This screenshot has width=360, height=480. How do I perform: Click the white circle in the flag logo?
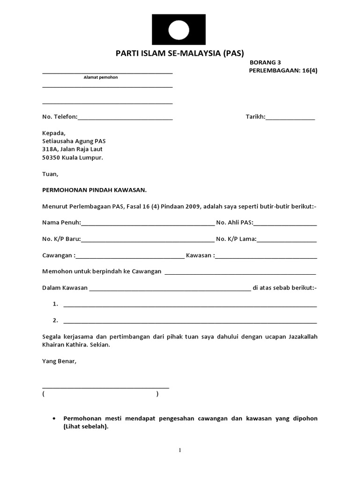[179, 30]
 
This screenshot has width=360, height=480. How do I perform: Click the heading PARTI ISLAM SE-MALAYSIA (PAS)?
[180, 53]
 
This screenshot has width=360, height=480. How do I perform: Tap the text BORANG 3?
[265, 62]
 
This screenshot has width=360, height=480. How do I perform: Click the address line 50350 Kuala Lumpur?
[73, 157]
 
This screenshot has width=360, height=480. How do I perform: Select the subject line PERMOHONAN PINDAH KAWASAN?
[94, 190]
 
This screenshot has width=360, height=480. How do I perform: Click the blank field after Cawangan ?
[129, 257]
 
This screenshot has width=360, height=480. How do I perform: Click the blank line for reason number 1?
[190, 305]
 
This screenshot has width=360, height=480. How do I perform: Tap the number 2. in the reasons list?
[55, 321]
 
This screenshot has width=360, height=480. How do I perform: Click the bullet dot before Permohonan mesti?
[55, 418]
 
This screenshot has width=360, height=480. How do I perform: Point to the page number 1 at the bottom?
[180, 450]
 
